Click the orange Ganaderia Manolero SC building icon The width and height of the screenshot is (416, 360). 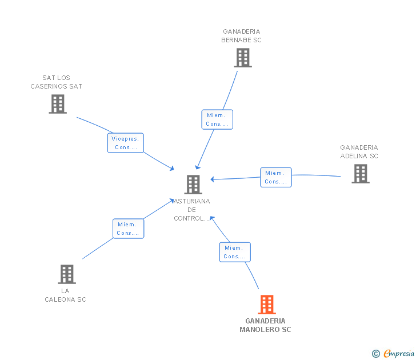[x=267, y=305]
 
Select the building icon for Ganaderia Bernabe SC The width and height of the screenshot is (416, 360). [x=243, y=58]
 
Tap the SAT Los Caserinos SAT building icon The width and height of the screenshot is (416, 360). [x=58, y=104]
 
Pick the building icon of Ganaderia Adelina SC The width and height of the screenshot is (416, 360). [x=361, y=174]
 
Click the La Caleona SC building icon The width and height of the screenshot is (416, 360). [x=67, y=274]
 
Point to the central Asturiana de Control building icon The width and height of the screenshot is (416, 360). [x=193, y=185]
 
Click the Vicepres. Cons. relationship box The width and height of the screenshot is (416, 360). [x=126, y=143]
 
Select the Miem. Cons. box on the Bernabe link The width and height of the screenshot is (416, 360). [x=217, y=119]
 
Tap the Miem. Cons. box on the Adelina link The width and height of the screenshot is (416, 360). [x=276, y=177]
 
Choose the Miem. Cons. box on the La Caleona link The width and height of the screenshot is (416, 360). [x=128, y=229]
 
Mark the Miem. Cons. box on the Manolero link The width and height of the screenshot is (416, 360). [x=235, y=252]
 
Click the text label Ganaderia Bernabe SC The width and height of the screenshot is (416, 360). [x=242, y=36]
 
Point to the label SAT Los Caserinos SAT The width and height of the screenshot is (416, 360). [x=56, y=82]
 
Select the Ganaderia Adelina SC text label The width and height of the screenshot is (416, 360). [x=359, y=151]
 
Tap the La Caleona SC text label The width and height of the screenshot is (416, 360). [x=65, y=295]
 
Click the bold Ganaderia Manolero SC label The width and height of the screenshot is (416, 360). [x=265, y=325]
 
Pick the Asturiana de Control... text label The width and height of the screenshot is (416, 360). [x=192, y=210]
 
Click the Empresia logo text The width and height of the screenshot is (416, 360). [x=399, y=353]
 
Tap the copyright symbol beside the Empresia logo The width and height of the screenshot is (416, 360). [x=376, y=354]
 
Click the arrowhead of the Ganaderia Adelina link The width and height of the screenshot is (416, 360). [x=213, y=179]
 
